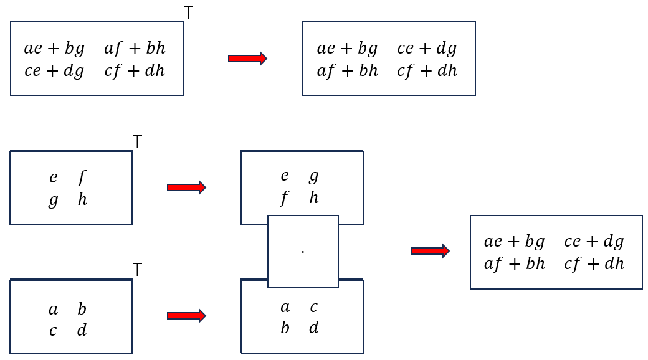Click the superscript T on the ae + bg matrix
pyautogui.click(x=189, y=12)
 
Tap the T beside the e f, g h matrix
pyautogui.click(x=138, y=142)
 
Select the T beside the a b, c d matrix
pyautogui.click(x=138, y=270)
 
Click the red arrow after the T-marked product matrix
pyautogui.click(x=247, y=59)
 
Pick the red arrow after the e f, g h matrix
pyautogui.click(x=186, y=187)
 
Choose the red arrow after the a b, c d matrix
pyautogui.click(x=186, y=316)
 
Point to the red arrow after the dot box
pyautogui.click(x=430, y=251)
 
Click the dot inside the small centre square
pyautogui.click(x=303, y=252)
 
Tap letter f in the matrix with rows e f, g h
pyautogui.click(x=82, y=178)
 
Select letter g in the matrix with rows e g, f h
pyautogui.click(x=313, y=177)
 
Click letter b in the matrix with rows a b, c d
pyautogui.click(x=82, y=309)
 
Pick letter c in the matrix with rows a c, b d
pyautogui.click(x=313, y=307)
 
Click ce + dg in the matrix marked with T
pyautogui.click(x=54, y=71)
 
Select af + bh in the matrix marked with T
pyautogui.click(x=135, y=49)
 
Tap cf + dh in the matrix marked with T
pyautogui.click(x=135, y=71)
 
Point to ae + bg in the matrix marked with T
pyautogui.click(x=54, y=49)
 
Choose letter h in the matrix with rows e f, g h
pyautogui.click(x=82, y=200)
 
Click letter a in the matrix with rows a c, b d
pyautogui.click(x=285, y=307)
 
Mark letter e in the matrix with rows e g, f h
pyautogui.click(x=285, y=177)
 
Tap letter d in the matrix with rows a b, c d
pyautogui.click(x=82, y=330)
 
